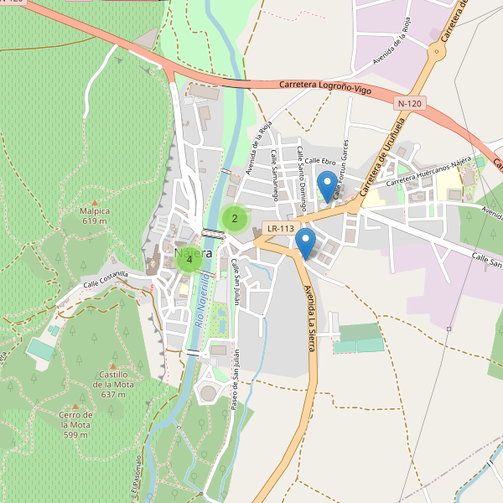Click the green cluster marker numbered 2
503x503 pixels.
point(235,219)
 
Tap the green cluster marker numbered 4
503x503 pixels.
point(189,260)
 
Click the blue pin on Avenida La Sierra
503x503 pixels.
point(306,243)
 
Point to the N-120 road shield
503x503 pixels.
point(411,103)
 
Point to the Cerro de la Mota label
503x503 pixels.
point(76,424)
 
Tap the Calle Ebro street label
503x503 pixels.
point(320,160)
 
